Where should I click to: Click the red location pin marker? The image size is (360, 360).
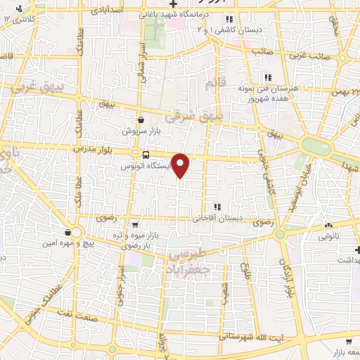click(181, 165)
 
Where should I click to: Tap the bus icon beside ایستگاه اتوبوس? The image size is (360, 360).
click(146, 155)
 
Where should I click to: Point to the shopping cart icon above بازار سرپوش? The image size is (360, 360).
click(142, 120)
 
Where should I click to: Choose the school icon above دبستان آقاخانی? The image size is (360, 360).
click(217, 207)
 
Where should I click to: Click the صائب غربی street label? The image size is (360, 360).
click(328, 53)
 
